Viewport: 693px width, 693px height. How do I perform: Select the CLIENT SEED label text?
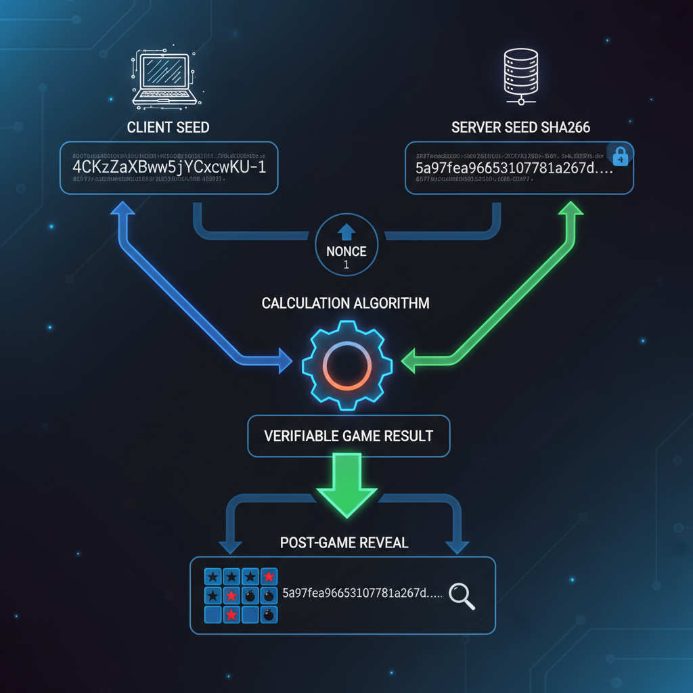tap(169, 127)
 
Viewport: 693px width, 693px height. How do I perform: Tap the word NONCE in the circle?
tap(346, 252)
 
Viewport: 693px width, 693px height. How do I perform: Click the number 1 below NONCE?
tap(346, 266)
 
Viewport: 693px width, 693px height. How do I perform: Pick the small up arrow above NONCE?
tap(346, 232)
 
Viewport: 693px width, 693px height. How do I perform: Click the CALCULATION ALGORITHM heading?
tap(346, 303)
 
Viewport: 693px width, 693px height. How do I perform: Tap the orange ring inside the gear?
tap(346, 366)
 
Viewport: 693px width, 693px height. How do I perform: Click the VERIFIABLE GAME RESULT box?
tap(349, 435)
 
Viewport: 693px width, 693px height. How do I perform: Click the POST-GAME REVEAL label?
tap(344, 543)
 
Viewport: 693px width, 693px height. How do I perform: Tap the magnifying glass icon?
tap(462, 596)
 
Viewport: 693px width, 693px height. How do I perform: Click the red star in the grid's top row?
tap(269, 577)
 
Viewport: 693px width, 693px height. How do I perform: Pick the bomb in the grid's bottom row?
tap(269, 614)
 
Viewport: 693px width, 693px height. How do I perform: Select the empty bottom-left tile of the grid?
tap(213, 614)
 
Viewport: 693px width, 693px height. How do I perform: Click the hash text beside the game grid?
tap(361, 594)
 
